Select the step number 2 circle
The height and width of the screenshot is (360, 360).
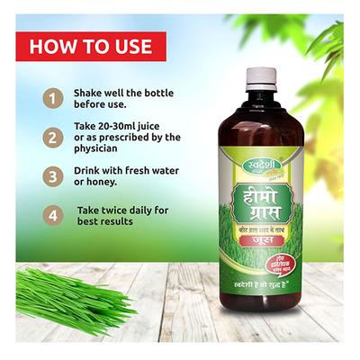click(55, 137)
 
